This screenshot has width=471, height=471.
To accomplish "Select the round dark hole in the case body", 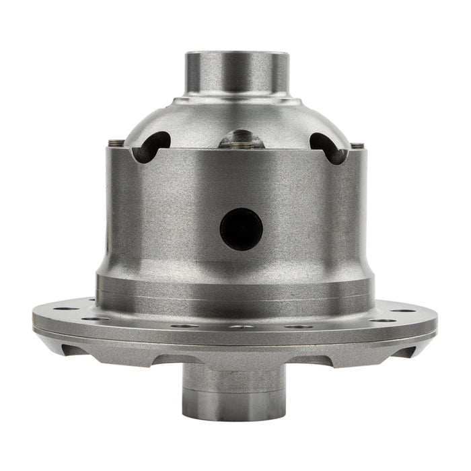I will coord(241,229).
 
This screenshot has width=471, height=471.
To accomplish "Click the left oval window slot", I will coord(153,146).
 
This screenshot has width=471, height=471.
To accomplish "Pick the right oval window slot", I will coord(326,147).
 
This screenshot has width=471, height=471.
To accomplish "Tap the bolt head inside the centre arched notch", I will coord(239,142).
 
